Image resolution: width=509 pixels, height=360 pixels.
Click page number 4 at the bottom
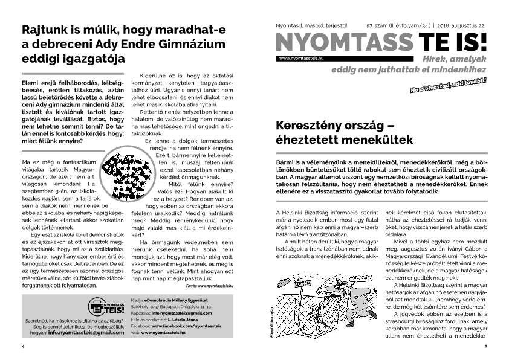tap(22, 347)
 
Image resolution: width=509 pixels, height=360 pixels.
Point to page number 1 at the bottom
tap(485, 347)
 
